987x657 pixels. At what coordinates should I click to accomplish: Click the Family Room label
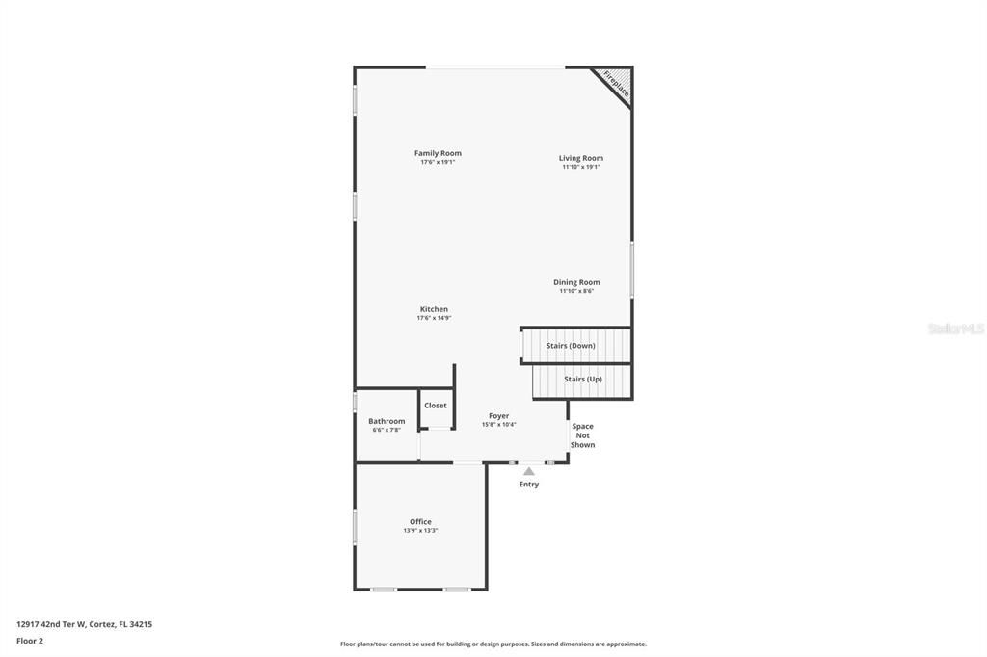click(438, 153)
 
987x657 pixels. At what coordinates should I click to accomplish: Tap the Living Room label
click(581, 158)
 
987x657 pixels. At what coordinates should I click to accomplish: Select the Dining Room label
click(576, 282)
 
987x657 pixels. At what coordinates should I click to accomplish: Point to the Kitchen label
click(434, 309)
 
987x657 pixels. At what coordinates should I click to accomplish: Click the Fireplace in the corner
click(616, 84)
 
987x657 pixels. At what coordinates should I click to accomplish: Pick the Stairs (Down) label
click(571, 345)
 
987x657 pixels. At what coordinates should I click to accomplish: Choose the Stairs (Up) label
click(583, 379)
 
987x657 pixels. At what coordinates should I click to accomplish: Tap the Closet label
click(436, 406)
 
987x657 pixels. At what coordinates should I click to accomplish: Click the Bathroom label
click(387, 421)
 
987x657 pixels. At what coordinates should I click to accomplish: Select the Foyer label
click(498, 416)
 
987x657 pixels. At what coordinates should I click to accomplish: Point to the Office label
click(420, 522)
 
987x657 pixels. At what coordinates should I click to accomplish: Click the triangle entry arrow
click(529, 471)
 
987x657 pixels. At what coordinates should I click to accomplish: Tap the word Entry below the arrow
click(529, 485)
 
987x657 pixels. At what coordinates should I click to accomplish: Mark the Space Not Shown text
click(582, 435)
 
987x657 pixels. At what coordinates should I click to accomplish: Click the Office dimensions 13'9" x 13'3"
click(420, 531)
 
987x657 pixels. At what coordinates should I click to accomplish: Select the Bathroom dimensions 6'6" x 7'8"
click(387, 430)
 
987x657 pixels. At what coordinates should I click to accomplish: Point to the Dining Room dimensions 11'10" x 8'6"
click(576, 291)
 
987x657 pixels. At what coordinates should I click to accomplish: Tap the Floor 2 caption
click(30, 640)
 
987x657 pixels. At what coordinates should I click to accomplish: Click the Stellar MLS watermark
click(955, 328)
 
